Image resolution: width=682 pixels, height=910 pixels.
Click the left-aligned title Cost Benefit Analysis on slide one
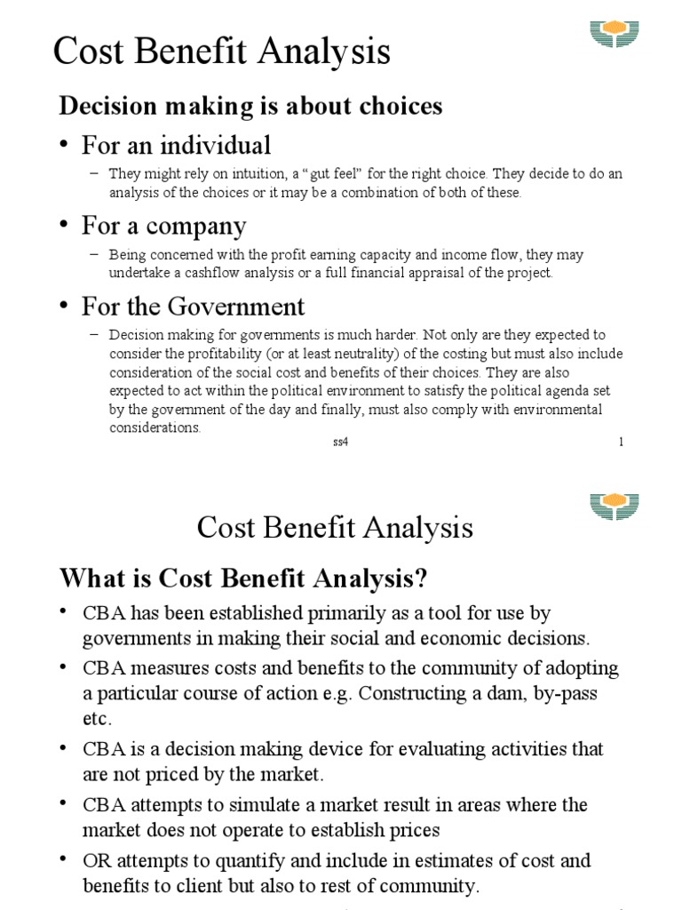[221, 52]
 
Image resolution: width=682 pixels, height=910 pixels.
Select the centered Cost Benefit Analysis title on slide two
[335, 528]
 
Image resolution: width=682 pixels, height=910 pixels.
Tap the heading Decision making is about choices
[250, 107]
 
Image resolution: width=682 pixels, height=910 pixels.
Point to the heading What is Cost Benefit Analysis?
[243, 579]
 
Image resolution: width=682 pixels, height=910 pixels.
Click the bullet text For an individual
[176, 145]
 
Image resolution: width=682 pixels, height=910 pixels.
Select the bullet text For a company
[163, 226]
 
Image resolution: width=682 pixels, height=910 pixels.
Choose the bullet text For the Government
[193, 307]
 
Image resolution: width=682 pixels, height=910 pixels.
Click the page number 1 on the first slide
[621, 443]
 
